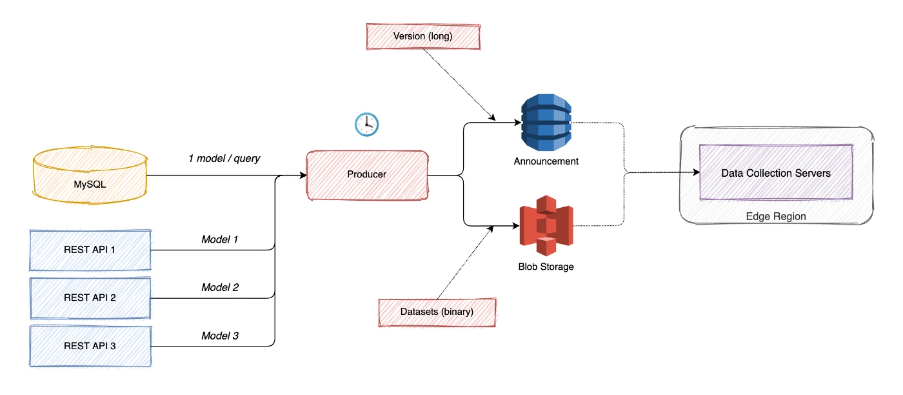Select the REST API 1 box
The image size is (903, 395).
[90, 249]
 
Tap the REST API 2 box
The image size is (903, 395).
[90, 298]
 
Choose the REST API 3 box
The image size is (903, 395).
[90, 346]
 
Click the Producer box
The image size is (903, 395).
[366, 174]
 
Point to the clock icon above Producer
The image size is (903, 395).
[366, 124]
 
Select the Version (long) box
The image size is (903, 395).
[423, 37]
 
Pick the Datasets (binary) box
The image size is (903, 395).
[437, 312]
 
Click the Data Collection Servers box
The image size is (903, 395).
[775, 173]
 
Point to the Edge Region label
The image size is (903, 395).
[775, 216]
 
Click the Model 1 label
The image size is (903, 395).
[220, 239]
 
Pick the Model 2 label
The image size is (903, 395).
[220, 287]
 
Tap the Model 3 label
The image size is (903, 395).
[220, 336]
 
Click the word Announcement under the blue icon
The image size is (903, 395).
[546, 161]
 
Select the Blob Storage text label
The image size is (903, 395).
[546, 267]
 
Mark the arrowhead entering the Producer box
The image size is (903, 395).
[303, 176]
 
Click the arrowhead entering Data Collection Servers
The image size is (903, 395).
[696, 173]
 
